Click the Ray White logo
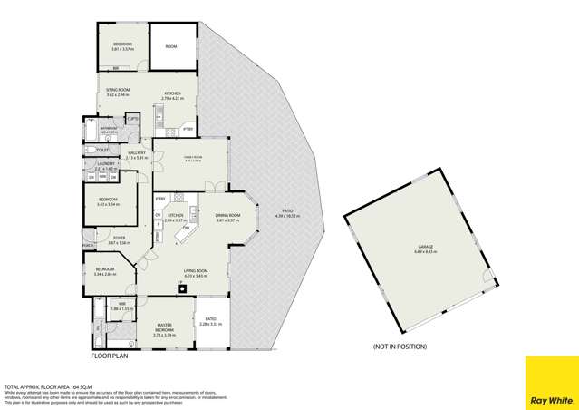coord(551,383)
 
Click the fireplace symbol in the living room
coord(180,284)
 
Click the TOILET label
coord(102,150)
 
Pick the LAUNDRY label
coord(102,163)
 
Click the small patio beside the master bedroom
coord(210,321)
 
